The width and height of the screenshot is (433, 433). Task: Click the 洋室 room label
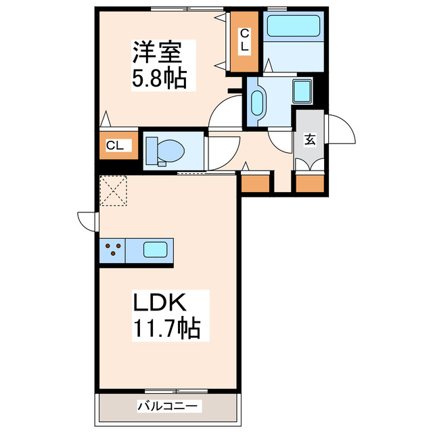[x=155, y=51]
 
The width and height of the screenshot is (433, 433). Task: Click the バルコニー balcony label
[x=168, y=407]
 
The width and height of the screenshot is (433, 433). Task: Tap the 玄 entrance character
[x=310, y=140]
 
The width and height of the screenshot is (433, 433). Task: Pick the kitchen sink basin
[x=155, y=250]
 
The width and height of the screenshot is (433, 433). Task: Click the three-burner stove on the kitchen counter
[x=112, y=250]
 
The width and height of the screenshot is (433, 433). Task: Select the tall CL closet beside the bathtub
[x=244, y=41]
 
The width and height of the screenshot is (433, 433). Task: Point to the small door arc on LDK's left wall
[x=87, y=221]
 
